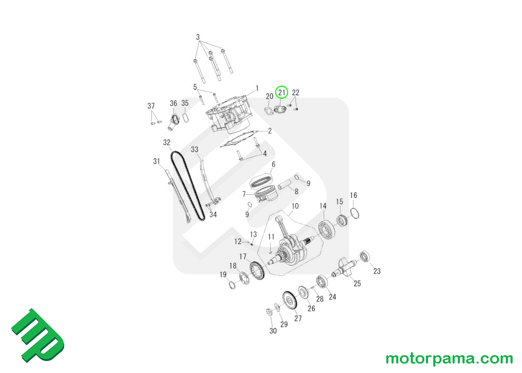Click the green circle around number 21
coord(282,92)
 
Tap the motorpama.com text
coord(449,359)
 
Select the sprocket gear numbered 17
coord(256,270)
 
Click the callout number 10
coord(295,206)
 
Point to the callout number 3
coord(198,37)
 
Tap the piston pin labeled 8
coord(287,184)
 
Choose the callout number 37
coord(151,107)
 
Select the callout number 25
coord(358,284)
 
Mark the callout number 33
coord(195,149)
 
